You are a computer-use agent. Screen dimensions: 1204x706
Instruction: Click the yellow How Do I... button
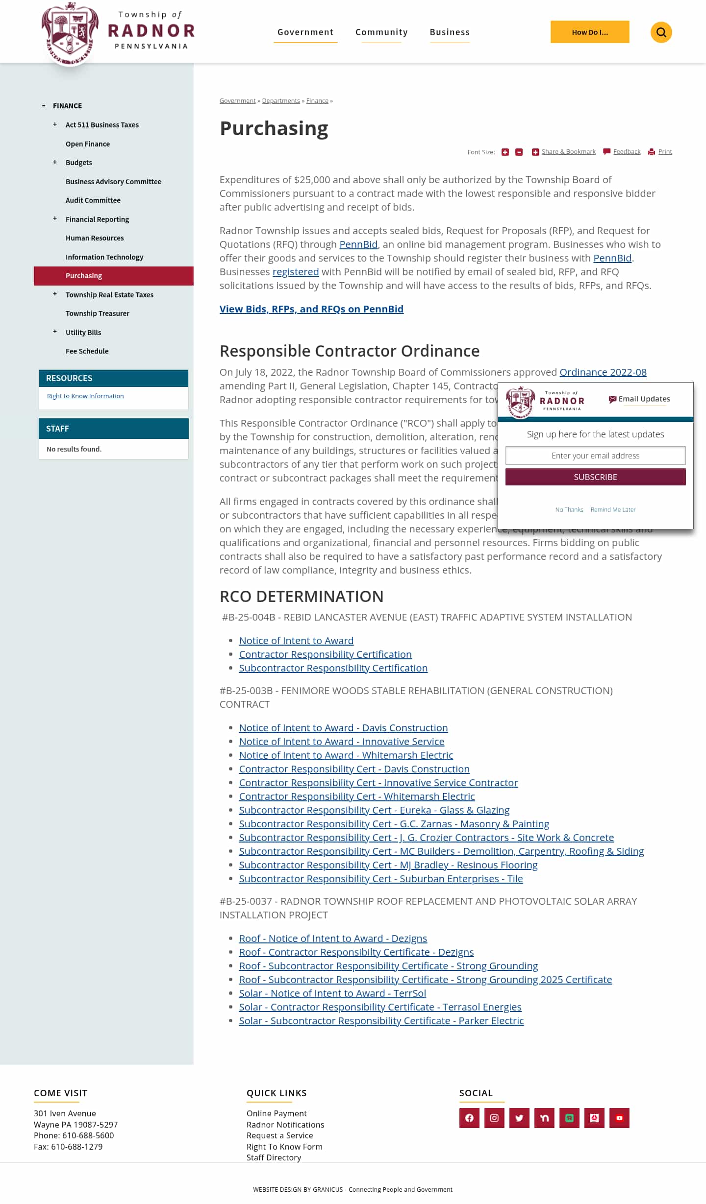tap(589, 32)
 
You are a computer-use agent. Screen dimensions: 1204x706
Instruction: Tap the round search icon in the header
tap(661, 32)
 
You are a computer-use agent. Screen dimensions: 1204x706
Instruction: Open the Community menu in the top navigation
tap(381, 32)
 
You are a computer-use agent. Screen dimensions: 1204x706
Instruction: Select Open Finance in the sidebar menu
tap(87, 144)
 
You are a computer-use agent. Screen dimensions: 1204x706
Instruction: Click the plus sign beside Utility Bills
tap(55, 332)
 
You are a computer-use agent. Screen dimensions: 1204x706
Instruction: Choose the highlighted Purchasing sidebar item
tap(84, 276)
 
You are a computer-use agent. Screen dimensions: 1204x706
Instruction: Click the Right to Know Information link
tap(85, 396)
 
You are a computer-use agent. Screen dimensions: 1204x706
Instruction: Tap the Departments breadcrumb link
tap(280, 101)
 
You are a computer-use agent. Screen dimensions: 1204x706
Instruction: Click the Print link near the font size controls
tap(665, 152)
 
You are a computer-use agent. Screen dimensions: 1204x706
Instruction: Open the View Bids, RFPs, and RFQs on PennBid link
tap(311, 309)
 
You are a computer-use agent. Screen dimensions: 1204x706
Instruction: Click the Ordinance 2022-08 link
tap(603, 372)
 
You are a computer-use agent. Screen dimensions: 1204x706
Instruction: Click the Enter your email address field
tap(595, 456)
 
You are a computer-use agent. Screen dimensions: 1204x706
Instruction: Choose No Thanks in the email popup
tap(569, 510)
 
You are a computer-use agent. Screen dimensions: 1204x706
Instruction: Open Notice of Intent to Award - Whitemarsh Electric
tap(346, 755)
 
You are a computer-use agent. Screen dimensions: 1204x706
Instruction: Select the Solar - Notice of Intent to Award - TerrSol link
tap(332, 993)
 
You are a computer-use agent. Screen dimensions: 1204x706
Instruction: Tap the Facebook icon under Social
tap(469, 1118)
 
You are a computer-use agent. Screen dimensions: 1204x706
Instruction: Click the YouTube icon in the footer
tap(619, 1118)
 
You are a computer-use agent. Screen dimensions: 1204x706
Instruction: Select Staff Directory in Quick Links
tap(274, 1157)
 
